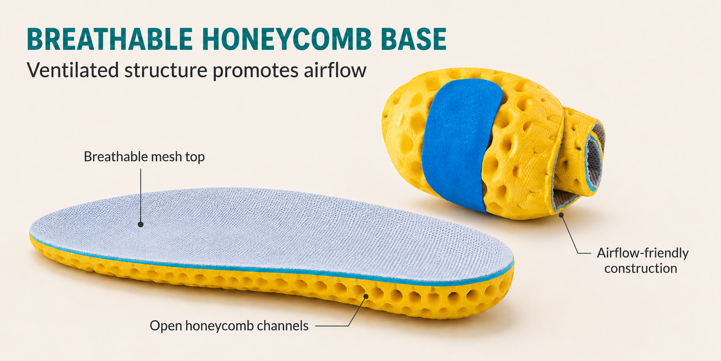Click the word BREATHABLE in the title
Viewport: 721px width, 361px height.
click(x=110, y=39)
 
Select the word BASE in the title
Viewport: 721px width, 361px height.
click(x=414, y=39)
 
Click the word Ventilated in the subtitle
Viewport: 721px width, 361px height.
click(x=73, y=70)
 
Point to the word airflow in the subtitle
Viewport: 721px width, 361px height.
click(x=335, y=70)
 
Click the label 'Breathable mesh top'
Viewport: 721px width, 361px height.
click(x=144, y=157)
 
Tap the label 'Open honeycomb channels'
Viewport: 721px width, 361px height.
click(x=229, y=326)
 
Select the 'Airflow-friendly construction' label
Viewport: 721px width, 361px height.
click(x=643, y=260)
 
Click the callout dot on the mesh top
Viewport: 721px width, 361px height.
click(x=141, y=224)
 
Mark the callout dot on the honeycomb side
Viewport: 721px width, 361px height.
click(x=366, y=296)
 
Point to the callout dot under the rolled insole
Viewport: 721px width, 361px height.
click(x=561, y=215)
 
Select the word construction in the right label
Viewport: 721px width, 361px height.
click(x=641, y=269)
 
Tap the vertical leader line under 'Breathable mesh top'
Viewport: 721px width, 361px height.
click(x=141, y=195)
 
